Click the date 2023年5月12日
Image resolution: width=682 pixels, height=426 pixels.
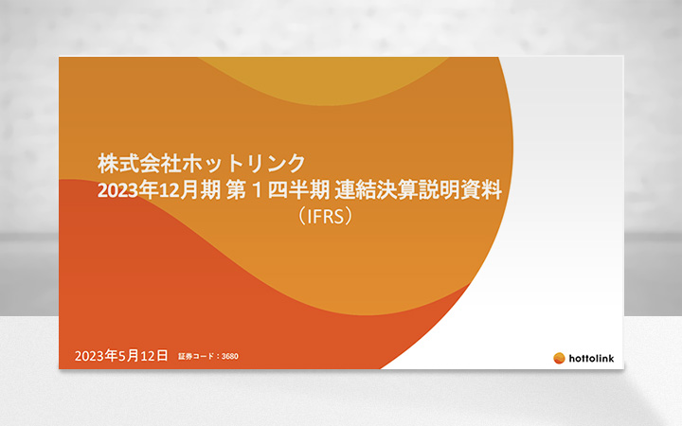click(x=120, y=356)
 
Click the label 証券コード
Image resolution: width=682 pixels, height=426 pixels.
click(x=197, y=357)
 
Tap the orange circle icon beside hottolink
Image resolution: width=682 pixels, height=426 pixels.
click(x=560, y=358)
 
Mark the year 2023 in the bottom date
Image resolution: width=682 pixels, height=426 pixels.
click(x=90, y=356)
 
